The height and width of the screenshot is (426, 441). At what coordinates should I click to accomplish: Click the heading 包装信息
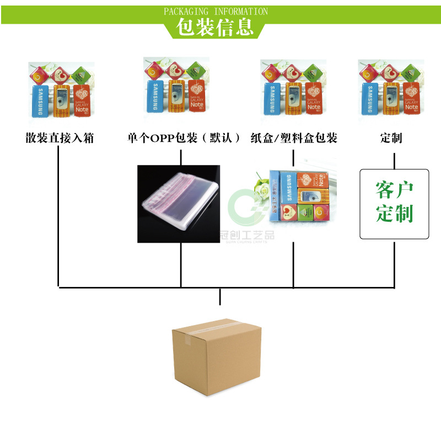click(215, 27)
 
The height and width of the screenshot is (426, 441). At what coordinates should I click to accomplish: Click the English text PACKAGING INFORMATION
click(216, 11)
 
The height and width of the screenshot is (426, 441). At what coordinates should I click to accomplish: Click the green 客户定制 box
click(394, 204)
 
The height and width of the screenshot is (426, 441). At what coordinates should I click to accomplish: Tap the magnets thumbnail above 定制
click(391, 88)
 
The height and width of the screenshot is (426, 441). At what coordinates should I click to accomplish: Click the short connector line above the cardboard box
click(220, 296)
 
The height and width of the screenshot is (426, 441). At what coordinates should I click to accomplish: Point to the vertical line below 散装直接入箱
click(58, 215)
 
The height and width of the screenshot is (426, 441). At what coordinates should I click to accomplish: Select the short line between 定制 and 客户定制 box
click(394, 161)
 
